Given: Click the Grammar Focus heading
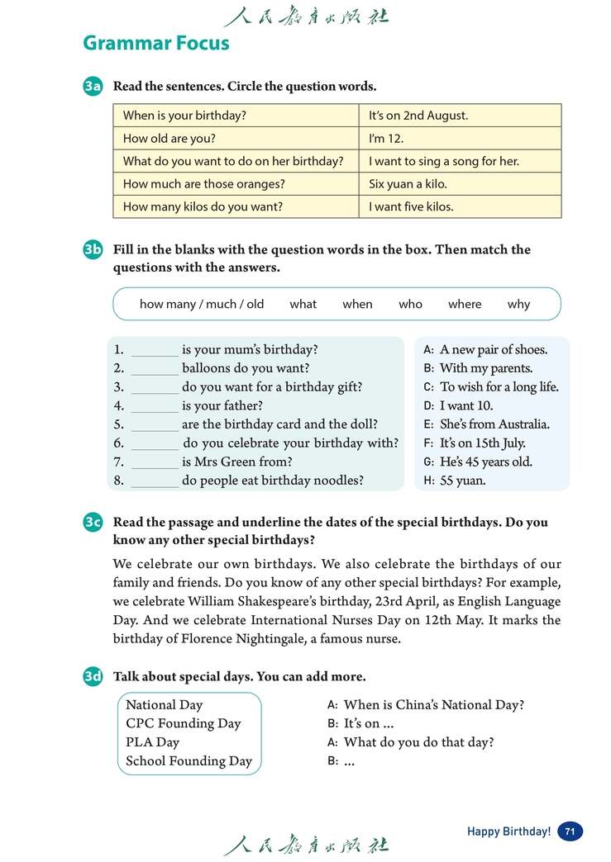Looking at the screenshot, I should coord(156,43).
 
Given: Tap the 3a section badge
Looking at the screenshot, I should coord(93,87).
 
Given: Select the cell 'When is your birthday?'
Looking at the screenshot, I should coord(184,116).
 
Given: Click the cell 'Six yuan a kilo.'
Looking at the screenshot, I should coord(408,184).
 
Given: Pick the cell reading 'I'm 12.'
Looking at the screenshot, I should coord(386,139).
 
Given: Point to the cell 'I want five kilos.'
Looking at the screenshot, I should coord(411,207).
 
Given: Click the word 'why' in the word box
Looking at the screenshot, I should coord(518,304).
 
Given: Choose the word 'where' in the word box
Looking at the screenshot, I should coord(465,304).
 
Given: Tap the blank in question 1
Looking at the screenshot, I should coord(155,350).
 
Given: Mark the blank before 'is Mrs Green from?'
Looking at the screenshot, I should coord(155,462).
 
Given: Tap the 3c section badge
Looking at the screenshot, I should coord(93,523).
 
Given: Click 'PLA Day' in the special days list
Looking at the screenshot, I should coord(152,742).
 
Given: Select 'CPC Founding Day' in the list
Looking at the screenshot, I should coord(183,723).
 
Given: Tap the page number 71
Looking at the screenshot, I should coord(570,831).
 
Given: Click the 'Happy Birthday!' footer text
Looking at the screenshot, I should coord(508,831).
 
